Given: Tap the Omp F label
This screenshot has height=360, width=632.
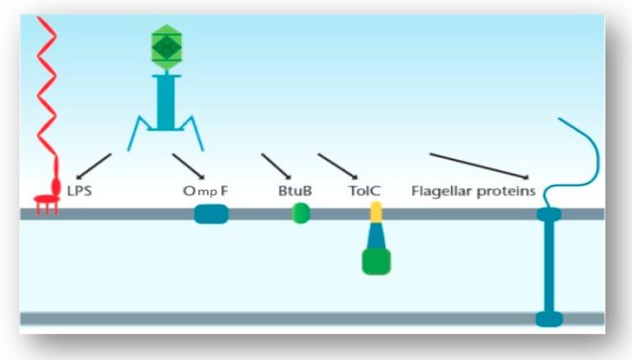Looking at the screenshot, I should (x=205, y=192).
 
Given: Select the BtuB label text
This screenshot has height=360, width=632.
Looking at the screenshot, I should (x=294, y=192).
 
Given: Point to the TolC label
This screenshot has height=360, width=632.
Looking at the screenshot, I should (x=364, y=192).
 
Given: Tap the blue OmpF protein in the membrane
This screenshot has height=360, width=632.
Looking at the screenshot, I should (x=211, y=214).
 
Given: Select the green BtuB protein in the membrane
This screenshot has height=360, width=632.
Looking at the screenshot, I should (x=300, y=214).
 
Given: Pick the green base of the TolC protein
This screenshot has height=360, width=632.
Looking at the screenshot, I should (x=376, y=261).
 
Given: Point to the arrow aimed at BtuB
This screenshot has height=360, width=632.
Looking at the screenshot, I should (x=276, y=164).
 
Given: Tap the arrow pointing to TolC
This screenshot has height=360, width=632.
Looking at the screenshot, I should (x=332, y=164).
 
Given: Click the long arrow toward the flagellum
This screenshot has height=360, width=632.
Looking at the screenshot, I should (x=478, y=164).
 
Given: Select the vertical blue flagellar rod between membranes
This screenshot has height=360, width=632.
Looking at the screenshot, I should (x=549, y=267).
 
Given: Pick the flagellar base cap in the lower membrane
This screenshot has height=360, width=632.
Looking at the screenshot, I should (x=549, y=317).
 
